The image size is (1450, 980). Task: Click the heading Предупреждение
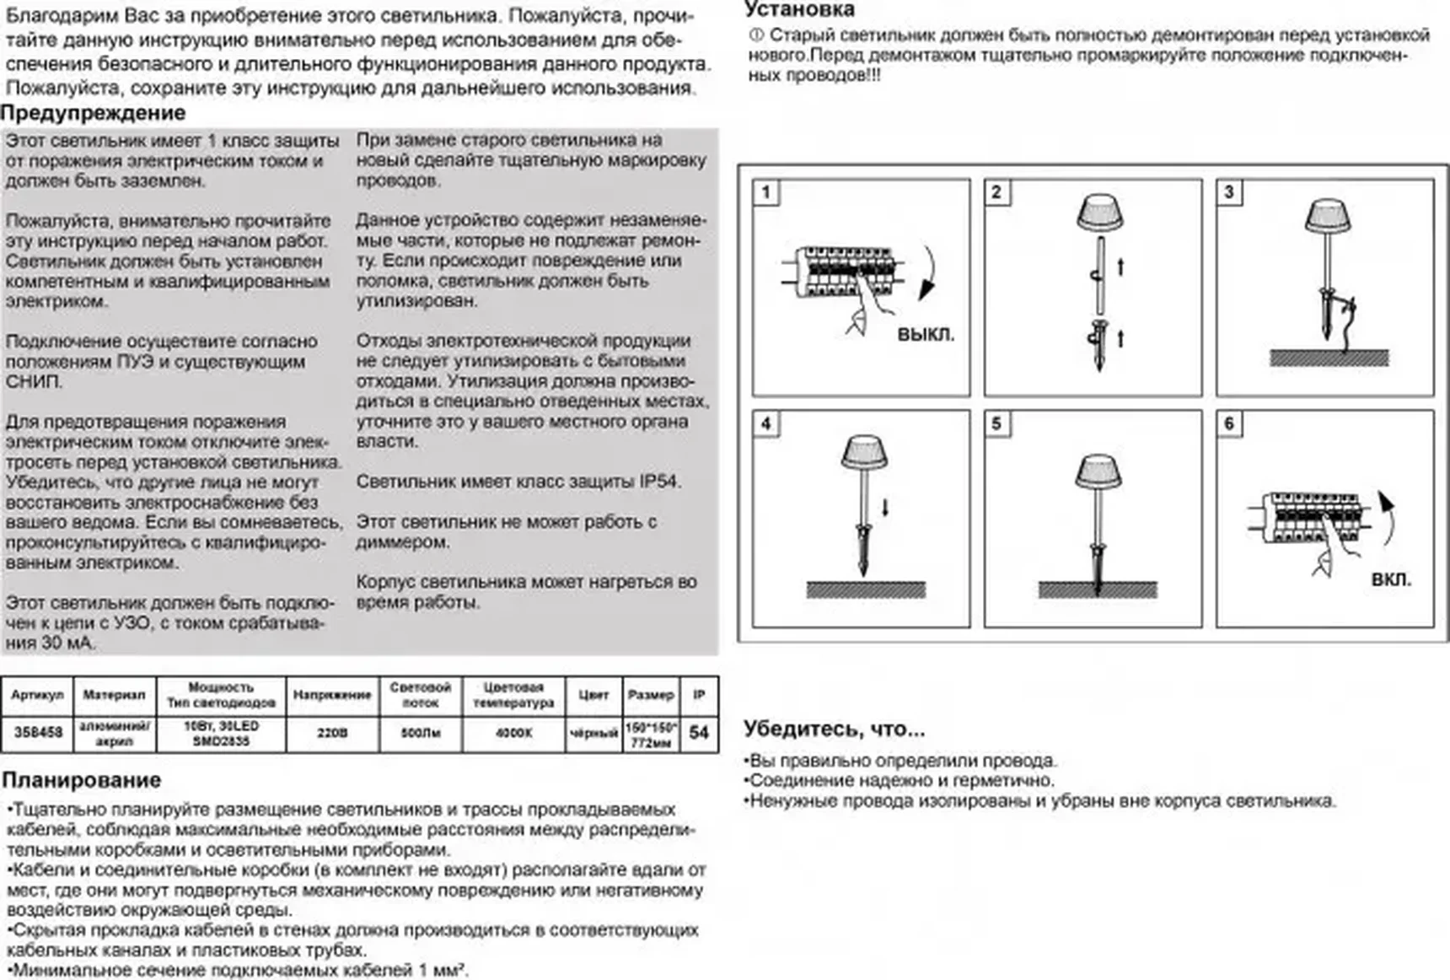(93, 113)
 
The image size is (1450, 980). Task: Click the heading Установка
(799, 10)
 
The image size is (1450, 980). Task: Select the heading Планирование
(81, 779)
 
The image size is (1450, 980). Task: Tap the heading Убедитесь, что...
(834, 729)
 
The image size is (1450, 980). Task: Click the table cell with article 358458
(38, 732)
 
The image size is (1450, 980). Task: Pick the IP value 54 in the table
(699, 732)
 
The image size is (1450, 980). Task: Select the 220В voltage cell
(332, 732)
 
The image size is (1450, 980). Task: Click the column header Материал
(114, 695)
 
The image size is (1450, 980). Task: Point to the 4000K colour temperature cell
(513, 732)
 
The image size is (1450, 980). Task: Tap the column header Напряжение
(332, 695)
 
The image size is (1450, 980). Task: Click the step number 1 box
(765, 192)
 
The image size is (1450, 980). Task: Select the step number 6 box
(1229, 423)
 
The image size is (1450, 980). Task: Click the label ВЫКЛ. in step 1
(926, 334)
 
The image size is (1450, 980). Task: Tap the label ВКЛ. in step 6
(1391, 579)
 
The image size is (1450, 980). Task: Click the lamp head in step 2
(1099, 213)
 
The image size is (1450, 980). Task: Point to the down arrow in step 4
(885, 508)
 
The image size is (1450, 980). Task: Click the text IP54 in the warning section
(658, 482)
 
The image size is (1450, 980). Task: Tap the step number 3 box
(1229, 192)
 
